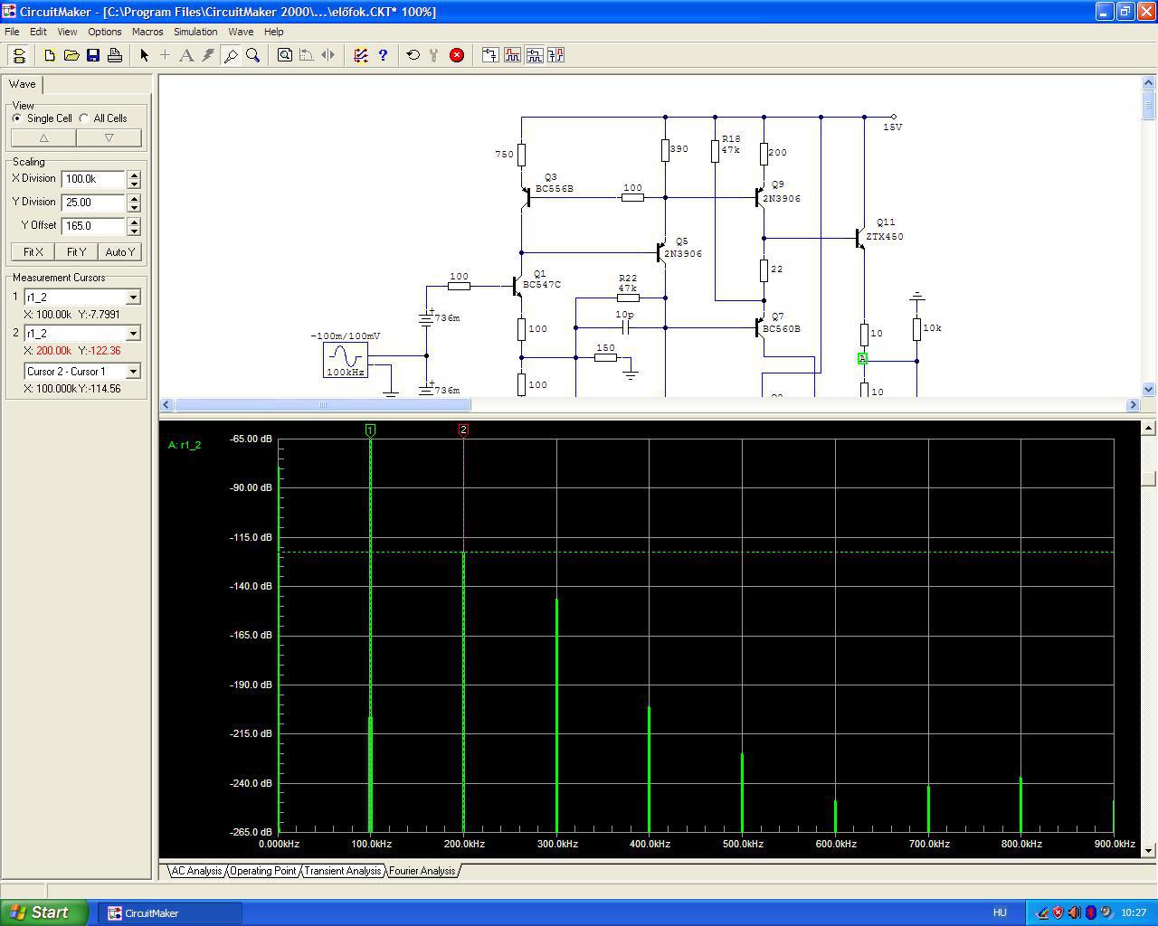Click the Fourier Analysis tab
pyautogui.click(x=422, y=871)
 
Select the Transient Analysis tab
pyautogui.click(x=343, y=871)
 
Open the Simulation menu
pyautogui.click(x=195, y=32)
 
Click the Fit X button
pyautogui.click(x=33, y=251)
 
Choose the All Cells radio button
pyautogui.click(x=84, y=118)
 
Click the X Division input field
pyautogui.click(x=93, y=179)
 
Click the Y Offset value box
pyautogui.click(x=93, y=225)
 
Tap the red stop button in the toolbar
pyautogui.click(x=457, y=55)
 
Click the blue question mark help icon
pyautogui.click(x=383, y=55)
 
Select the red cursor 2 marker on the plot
pyautogui.click(x=463, y=430)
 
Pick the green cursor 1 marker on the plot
pyautogui.click(x=370, y=430)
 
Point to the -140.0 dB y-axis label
pyautogui.click(x=251, y=586)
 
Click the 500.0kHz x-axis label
pyautogui.click(x=743, y=844)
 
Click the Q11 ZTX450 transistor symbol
pyautogui.click(x=859, y=239)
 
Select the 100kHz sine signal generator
pyautogui.click(x=346, y=360)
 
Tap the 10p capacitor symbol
pyautogui.click(x=625, y=327)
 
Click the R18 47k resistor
pyautogui.click(x=715, y=151)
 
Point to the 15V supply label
pyautogui.click(x=893, y=127)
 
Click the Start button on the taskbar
pyautogui.click(x=44, y=912)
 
